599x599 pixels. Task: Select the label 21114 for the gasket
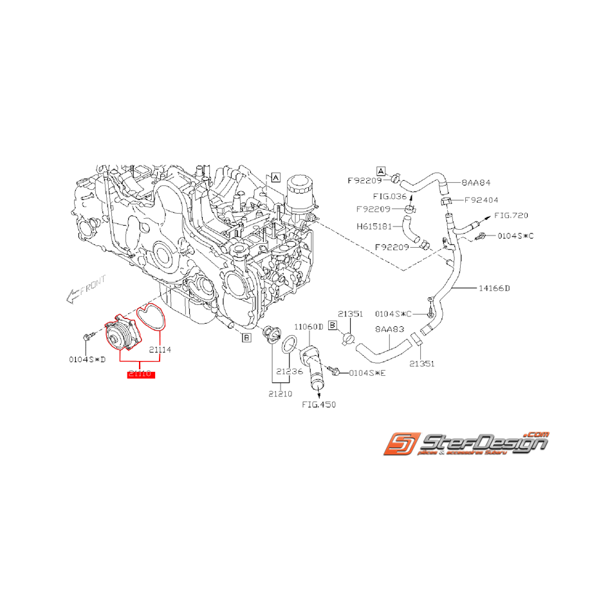coord(160,350)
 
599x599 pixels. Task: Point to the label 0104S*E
coord(365,373)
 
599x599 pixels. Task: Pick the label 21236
coord(290,371)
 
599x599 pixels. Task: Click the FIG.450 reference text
coord(319,405)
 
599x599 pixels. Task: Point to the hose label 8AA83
coord(389,329)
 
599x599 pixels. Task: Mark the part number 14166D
coord(494,288)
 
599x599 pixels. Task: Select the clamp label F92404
coord(481,200)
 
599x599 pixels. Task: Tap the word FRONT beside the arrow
coord(91,285)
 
